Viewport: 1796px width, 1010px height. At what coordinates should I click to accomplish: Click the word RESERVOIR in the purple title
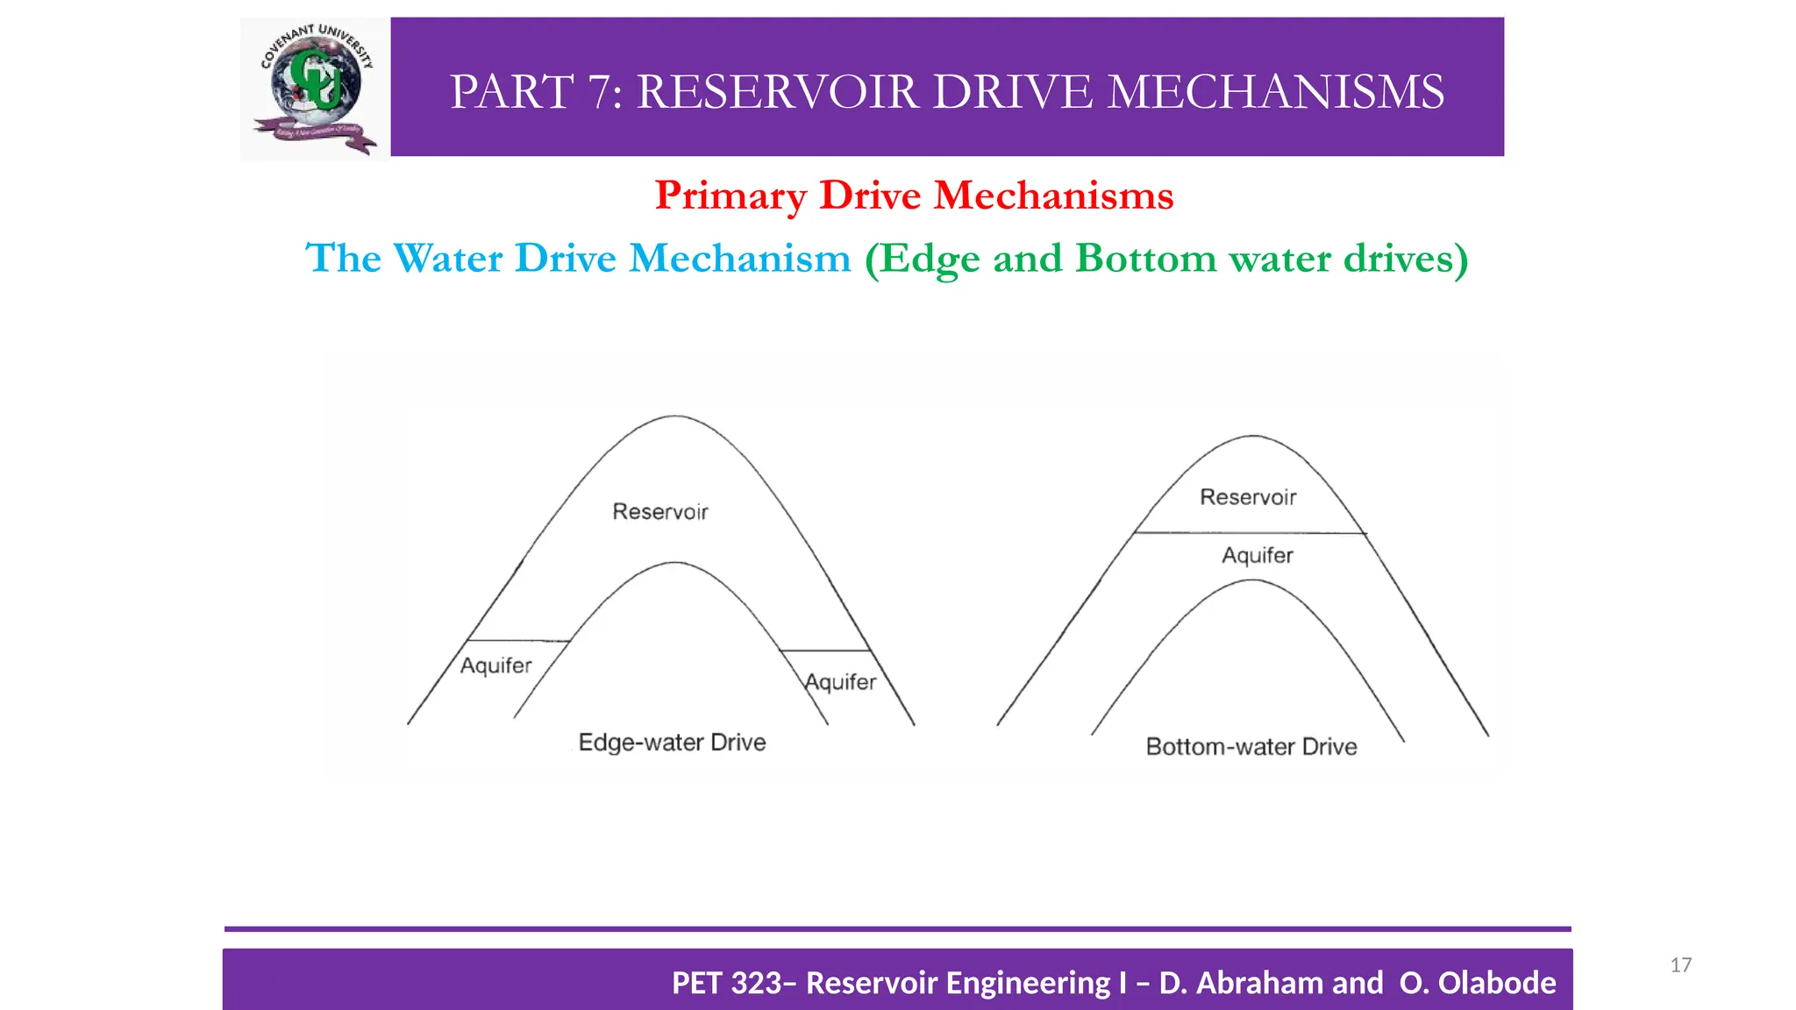point(777,92)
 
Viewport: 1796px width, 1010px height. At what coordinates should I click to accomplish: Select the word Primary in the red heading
point(731,196)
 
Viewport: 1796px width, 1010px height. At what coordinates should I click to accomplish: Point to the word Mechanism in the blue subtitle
point(740,259)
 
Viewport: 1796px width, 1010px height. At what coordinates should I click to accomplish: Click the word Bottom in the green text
point(1145,259)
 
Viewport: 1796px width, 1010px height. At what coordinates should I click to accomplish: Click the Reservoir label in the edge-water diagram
point(659,511)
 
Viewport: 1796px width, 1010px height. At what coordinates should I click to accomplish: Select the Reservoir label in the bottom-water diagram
point(1248,497)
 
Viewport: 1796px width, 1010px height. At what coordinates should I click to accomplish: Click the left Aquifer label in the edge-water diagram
point(495,665)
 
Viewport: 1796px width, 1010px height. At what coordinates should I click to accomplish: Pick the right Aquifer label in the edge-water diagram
point(841,681)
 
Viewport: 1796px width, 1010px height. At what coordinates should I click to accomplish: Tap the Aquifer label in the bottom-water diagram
point(1258,555)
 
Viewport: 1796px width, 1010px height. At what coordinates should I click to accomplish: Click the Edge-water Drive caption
point(672,743)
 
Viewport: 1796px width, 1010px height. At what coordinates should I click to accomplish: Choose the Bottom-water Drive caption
point(1251,747)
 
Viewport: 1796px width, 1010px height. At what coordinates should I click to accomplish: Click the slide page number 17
point(1680,965)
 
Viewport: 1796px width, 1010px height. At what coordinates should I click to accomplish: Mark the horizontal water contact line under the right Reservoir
point(1250,532)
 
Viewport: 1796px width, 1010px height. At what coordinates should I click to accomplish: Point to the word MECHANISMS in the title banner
point(1275,92)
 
